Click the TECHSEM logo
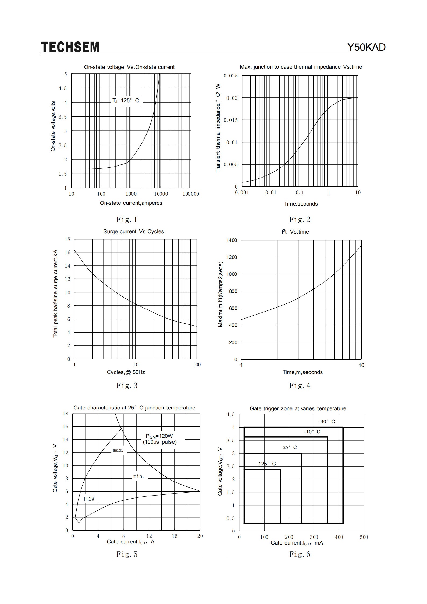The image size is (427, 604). click(70, 47)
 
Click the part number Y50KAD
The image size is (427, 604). click(366, 47)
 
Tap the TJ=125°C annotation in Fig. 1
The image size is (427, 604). click(126, 101)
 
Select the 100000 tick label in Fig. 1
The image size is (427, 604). click(191, 194)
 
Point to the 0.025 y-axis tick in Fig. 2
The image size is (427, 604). click(231, 76)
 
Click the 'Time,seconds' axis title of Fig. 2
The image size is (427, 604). click(301, 204)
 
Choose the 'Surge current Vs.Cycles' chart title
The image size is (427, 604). click(134, 232)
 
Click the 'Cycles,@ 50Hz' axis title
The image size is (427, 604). click(126, 372)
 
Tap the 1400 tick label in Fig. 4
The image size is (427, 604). click(232, 240)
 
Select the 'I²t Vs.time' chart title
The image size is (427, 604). click(295, 232)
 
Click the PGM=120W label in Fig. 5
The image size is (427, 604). click(159, 436)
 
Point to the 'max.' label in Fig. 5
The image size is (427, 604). click(118, 450)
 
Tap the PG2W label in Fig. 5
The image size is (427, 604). click(89, 499)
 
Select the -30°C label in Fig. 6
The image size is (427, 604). click(327, 422)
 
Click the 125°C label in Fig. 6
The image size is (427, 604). click(267, 464)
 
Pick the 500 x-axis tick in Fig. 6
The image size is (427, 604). click(364, 537)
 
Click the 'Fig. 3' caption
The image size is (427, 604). click(127, 386)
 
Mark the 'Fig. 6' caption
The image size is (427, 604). click(300, 554)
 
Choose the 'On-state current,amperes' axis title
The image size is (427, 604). click(131, 203)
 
